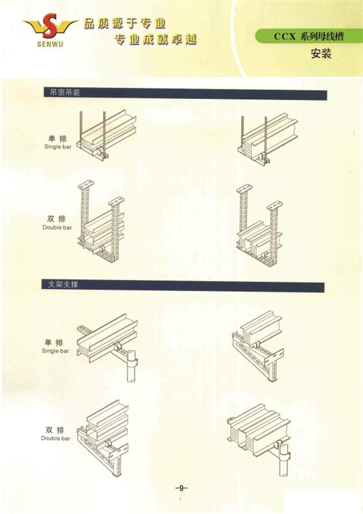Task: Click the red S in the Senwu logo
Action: click(50, 25)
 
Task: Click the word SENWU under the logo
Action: click(50, 43)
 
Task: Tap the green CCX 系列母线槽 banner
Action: click(308, 36)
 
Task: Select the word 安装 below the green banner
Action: click(321, 53)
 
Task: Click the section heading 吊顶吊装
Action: click(65, 93)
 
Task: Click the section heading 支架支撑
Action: click(63, 284)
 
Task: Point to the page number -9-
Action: click(181, 488)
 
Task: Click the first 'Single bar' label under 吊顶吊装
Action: click(58, 147)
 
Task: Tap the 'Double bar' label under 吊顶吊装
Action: click(57, 227)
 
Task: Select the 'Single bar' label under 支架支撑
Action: click(55, 351)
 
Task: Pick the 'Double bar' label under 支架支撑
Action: click(55, 438)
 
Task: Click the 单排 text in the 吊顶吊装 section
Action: click(57, 138)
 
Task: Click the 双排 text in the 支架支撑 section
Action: click(55, 430)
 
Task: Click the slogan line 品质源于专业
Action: click(124, 24)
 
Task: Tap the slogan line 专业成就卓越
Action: click(156, 40)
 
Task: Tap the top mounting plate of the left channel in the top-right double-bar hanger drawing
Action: click(244, 189)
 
